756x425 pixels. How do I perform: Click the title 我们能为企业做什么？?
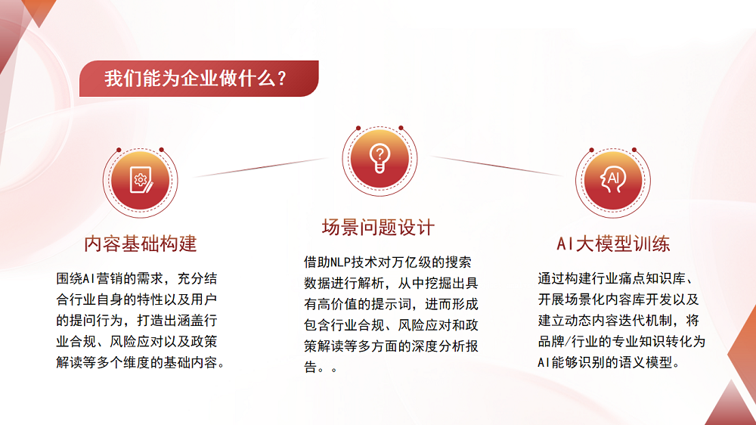(x=194, y=79)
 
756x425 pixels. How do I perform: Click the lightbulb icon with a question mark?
(x=378, y=157)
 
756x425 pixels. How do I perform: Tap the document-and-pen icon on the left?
(x=140, y=179)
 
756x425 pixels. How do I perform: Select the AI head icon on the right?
(x=612, y=179)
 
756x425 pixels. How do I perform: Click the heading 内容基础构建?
(x=141, y=244)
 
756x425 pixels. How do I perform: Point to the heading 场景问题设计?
(x=378, y=227)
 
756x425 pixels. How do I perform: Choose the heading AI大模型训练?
(x=612, y=244)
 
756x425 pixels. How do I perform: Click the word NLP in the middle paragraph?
(x=346, y=262)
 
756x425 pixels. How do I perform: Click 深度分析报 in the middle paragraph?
(x=438, y=347)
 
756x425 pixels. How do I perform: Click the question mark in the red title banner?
(x=281, y=79)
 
